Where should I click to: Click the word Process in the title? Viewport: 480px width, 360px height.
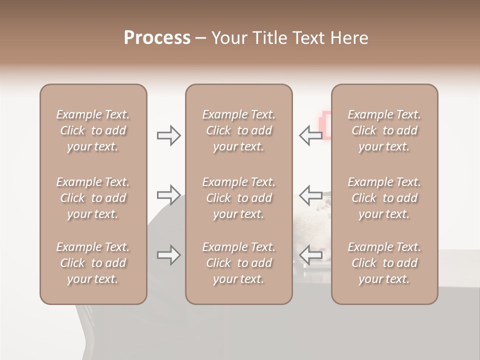157,38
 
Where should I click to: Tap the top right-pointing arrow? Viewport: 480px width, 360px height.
169,135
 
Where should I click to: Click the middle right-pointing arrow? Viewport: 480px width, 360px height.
169,194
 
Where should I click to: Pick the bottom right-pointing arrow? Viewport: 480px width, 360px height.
169,255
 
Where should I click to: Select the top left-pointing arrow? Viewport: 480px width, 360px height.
310,135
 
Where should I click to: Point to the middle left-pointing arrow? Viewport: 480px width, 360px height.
310,194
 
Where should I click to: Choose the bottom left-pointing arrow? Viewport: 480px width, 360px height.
310,255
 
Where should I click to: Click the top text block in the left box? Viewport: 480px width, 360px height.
93,130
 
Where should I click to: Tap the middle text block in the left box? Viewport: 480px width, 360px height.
93,198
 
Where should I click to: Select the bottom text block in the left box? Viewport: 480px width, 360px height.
93,263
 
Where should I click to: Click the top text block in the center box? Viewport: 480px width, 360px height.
238,130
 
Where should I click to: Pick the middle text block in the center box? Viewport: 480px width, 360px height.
238,198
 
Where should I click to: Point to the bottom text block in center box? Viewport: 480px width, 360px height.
238,263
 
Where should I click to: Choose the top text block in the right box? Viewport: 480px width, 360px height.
384,130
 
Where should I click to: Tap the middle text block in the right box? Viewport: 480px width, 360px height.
384,198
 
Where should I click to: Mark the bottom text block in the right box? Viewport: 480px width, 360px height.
384,263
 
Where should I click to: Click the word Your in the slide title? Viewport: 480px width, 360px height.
229,38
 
